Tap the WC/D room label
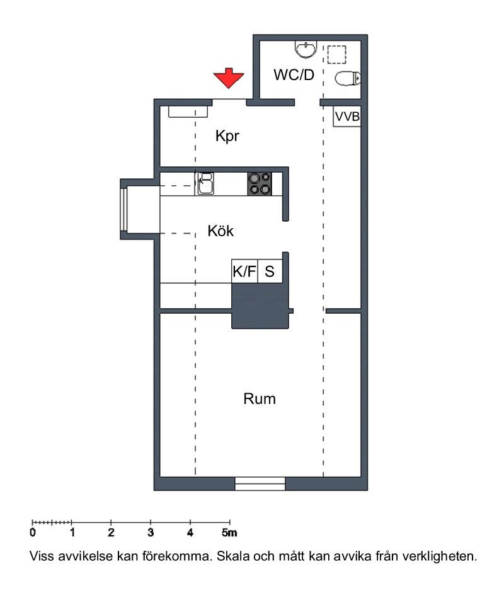click(x=294, y=75)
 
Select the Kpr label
click(x=227, y=136)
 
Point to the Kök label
click(x=220, y=231)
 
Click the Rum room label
click(x=259, y=399)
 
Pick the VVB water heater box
click(x=347, y=117)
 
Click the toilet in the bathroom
click(x=348, y=79)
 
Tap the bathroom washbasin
click(x=306, y=49)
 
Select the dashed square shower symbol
click(x=336, y=55)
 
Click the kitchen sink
click(x=205, y=184)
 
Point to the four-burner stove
click(x=260, y=184)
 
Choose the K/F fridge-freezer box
click(x=244, y=272)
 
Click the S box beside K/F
click(x=270, y=272)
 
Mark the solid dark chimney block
click(x=260, y=306)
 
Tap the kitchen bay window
click(x=123, y=209)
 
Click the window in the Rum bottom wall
click(x=260, y=483)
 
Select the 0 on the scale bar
click(x=33, y=532)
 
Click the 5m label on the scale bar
click(x=229, y=532)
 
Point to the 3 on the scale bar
click(x=151, y=532)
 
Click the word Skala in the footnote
click(x=234, y=556)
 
